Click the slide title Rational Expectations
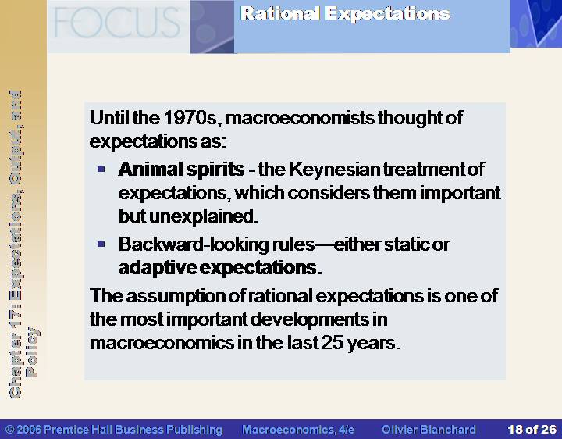pos(345,14)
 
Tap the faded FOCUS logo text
pos(117,23)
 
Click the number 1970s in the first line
pos(190,117)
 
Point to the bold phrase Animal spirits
pos(181,170)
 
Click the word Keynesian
pos(334,170)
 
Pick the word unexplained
pos(203,216)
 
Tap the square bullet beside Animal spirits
pos(101,169)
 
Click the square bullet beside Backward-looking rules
pos(101,244)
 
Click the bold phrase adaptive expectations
pos(219,268)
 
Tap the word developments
pos(309,319)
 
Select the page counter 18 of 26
pos(532,430)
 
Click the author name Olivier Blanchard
pos(429,430)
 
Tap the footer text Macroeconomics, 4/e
pos(298,430)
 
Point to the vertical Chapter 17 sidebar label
pos(23,244)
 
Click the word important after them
pos(460,193)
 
